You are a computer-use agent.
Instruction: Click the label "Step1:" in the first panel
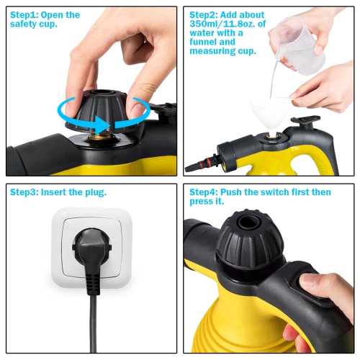(26, 15)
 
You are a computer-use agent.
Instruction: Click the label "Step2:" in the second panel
(207, 15)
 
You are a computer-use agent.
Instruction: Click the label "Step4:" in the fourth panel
(207, 192)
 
